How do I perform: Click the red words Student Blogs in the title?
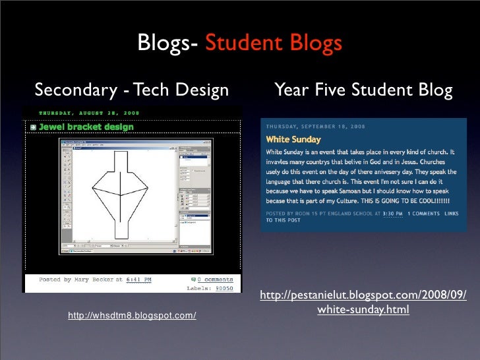click(x=273, y=44)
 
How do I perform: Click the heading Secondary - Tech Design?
click(x=132, y=88)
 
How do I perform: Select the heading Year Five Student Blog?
click(x=363, y=88)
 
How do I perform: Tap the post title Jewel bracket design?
click(x=86, y=127)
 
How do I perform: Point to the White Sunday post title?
click(x=293, y=140)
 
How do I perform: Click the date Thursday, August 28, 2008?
click(x=88, y=112)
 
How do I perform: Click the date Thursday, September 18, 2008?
click(x=315, y=126)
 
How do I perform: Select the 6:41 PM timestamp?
click(x=138, y=280)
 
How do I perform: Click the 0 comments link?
click(x=214, y=280)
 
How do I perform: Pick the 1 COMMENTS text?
click(x=425, y=214)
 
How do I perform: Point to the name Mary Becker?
click(x=98, y=280)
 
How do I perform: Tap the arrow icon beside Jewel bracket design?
click(x=32, y=127)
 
